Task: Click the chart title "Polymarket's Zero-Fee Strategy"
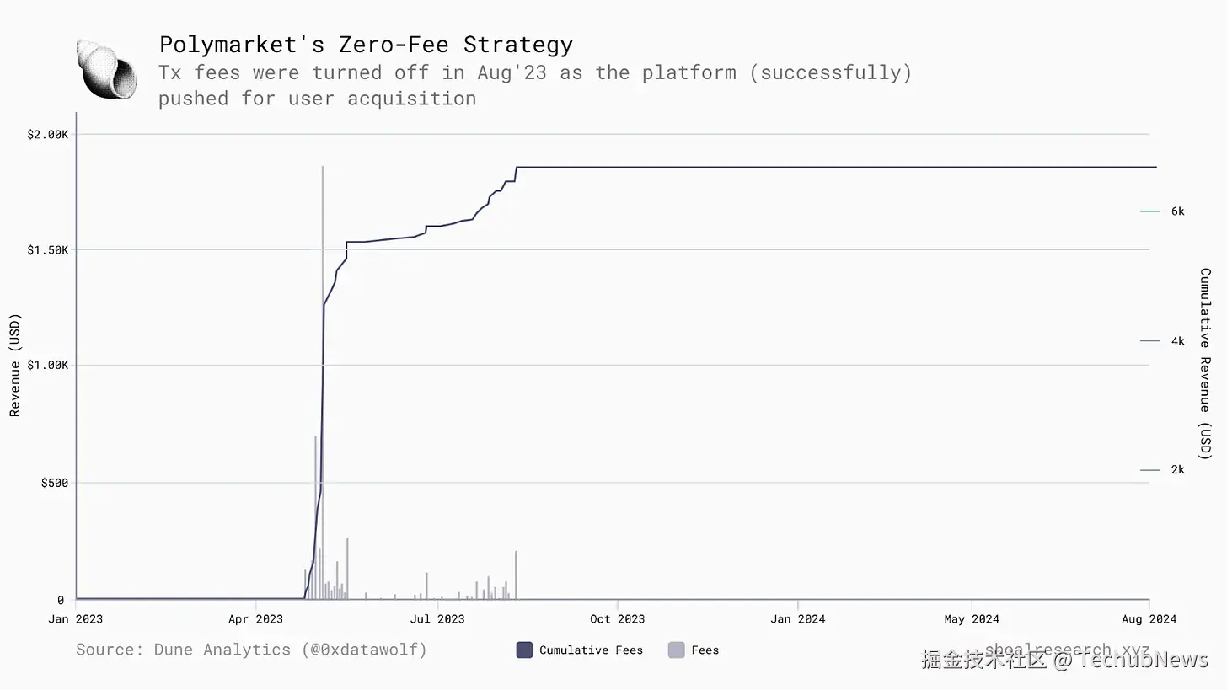366,44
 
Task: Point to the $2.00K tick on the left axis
48,135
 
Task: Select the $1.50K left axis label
48,250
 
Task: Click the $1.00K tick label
48,365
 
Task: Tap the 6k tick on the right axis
1177,211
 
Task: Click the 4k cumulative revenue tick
1177,341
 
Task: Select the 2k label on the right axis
1177,470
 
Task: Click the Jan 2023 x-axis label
76,619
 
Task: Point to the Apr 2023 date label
256,619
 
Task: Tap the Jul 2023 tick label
437,619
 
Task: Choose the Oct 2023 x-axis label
617,619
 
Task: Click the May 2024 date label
972,619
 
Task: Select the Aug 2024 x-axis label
1149,619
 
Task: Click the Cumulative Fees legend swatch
524,650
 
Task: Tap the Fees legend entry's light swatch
676,650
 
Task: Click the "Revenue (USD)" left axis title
15,365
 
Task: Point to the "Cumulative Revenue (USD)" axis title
1205,364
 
